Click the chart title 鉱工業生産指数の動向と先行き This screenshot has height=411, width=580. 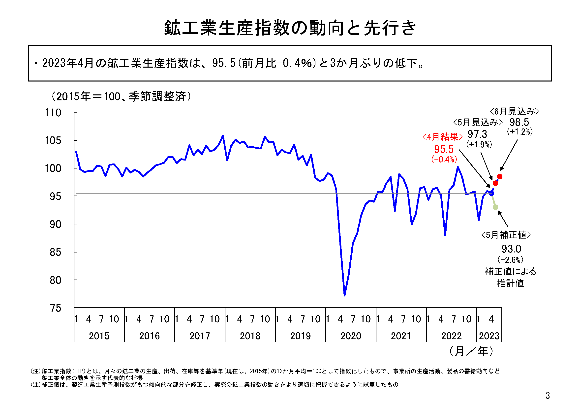[x=290, y=28]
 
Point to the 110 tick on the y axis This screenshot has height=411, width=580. [x=53, y=113]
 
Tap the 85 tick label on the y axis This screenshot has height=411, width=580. [x=55, y=252]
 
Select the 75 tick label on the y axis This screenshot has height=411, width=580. [x=55, y=308]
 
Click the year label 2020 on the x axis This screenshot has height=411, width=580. [x=351, y=336]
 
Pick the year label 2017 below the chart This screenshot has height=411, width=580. [x=200, y=336]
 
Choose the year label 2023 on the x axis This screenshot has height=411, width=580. [x=489, y=336]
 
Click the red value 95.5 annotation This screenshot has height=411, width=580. [x=444, y=149]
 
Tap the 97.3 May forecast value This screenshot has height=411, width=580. [x=477, y=134]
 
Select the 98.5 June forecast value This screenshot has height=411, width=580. [x=519, y=122]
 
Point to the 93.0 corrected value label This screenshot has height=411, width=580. [x=511, y=249]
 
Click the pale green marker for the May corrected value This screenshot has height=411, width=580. [x=495, y=207]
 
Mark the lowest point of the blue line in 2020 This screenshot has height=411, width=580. [x=345, y=295]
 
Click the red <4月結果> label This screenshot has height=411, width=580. [x=442, y=137]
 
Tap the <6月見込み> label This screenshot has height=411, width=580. [x=514, y=111]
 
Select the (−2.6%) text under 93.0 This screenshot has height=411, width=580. [x=510, y=260]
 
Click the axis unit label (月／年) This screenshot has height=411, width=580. [x=471, y=351]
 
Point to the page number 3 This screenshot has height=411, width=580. [x=548, y=395]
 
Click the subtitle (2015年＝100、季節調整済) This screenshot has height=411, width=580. [x=121, y=96]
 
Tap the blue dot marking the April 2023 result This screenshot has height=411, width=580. [x=491, y=193]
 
